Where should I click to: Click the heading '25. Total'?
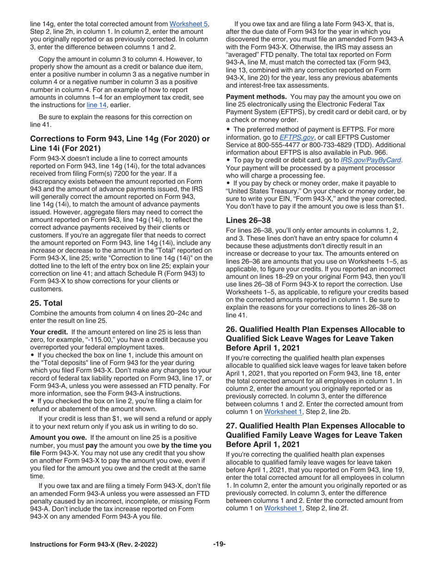pos(46,303)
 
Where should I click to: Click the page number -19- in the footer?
pos(219,544)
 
